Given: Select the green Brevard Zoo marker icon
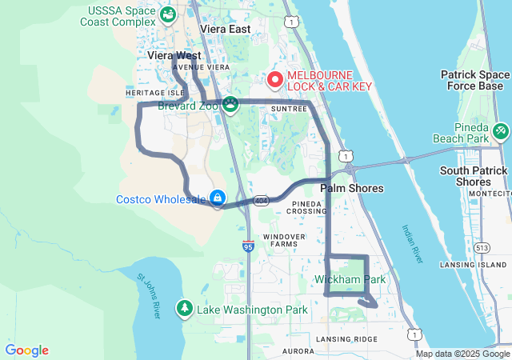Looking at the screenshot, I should pyautogui.click(x=230, y=104).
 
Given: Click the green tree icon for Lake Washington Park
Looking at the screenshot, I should pyautogui.click(x=185, y=308).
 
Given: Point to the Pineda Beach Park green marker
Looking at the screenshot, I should pyautogui.click(x=500, y=130).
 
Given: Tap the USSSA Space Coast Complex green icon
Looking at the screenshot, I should pyautogui.click(x=168, y=14).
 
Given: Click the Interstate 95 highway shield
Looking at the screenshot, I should pyautogui.click(x=248, y=246).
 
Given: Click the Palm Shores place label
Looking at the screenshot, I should pyautogui.click(x=352, y=188).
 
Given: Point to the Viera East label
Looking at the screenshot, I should pyautogui.click(x=225, y=29).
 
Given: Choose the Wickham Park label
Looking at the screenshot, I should pyautogui.click(x=350, y=279).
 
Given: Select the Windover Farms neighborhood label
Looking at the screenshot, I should pyautogui.click(x=284, y=242).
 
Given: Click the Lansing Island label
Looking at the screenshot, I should pyautogui.click(x=474, y=264).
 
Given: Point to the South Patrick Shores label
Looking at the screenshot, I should pyautogui.click(x=474, y=176).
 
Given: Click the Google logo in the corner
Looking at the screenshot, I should pyautogui.click(x=26, y=350).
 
